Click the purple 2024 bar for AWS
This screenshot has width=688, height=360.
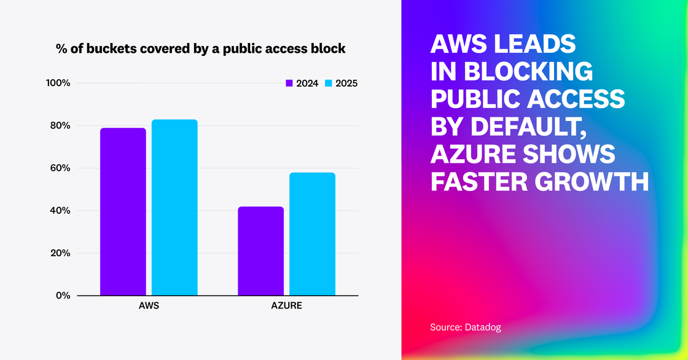123,212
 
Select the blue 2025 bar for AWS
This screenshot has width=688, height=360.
174,208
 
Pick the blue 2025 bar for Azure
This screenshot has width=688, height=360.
312,234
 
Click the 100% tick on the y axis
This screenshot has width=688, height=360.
58,83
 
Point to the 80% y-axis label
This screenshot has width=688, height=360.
60,126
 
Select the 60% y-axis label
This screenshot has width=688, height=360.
60,168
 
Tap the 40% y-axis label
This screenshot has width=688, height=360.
60,211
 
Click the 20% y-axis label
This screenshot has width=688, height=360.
60,253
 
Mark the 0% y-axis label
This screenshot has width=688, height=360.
63,295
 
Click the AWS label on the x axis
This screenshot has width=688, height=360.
149,305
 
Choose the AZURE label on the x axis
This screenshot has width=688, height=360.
286,305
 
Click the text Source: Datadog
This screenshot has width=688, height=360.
466,327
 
